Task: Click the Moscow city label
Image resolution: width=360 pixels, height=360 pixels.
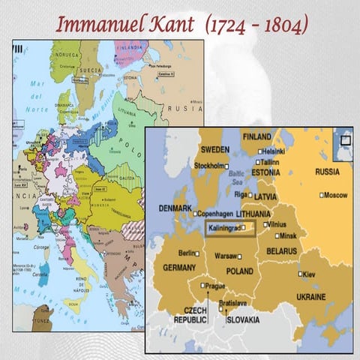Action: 334,195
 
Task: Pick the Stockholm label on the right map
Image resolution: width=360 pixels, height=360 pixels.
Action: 209,166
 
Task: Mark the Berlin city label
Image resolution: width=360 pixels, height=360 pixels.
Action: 187,253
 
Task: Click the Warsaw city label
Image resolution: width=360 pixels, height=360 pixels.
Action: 226,256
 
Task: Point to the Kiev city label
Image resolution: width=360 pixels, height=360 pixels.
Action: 310,274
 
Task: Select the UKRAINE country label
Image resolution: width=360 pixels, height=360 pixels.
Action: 316,297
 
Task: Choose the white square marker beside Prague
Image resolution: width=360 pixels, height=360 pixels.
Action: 202,285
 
